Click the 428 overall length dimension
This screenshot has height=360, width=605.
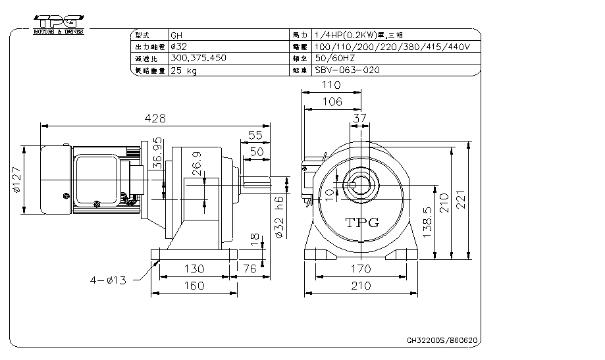[156, 118]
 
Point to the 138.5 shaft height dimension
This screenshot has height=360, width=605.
[428, 223]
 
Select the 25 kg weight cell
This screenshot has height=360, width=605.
[185, 70]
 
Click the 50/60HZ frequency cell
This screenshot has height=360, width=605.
[336, 58]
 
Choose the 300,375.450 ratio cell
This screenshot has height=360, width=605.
[198, 58]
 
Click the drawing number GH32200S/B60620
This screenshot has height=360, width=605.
[441, 341]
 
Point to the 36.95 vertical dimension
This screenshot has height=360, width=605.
[157, 153]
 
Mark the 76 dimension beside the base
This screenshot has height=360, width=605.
[250, 269]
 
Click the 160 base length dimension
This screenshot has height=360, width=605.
[193, 286]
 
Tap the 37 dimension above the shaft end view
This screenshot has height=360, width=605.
[359, 118]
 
